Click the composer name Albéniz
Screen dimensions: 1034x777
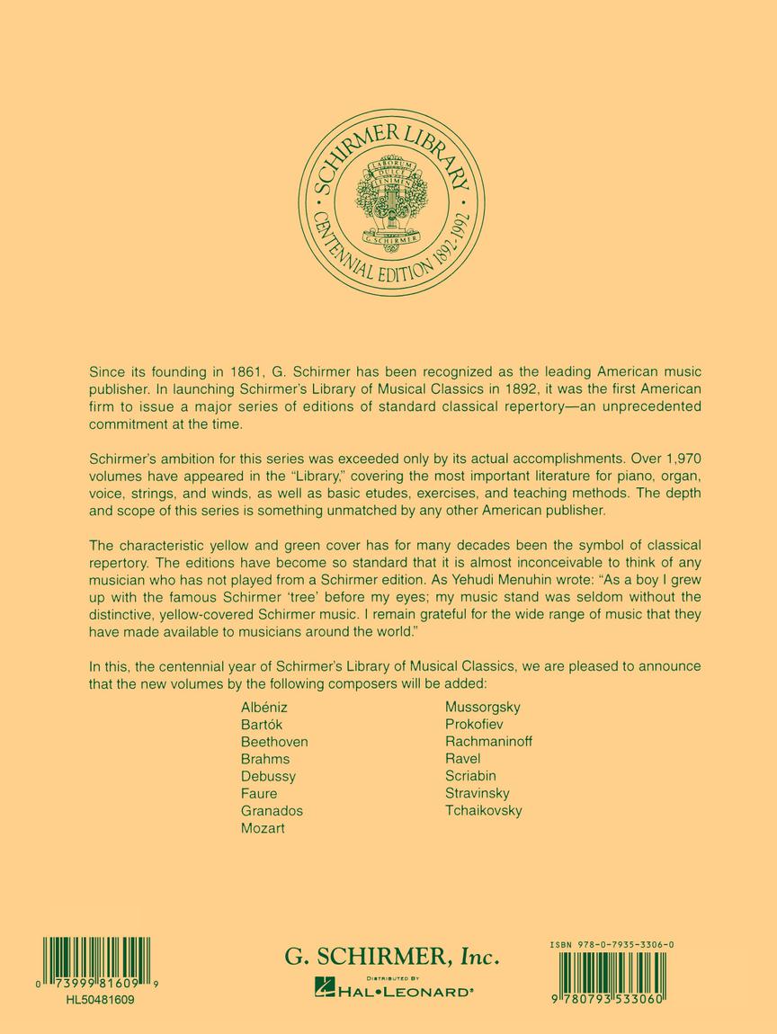[263, 707]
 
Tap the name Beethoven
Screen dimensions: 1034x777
[274, 742]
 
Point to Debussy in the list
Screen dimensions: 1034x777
[268, 776]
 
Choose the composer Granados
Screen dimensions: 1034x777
[272, 810]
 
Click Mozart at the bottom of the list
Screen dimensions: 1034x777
[263, 828]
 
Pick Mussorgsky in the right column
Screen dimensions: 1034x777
[482, 707]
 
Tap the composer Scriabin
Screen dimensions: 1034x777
[470, 776]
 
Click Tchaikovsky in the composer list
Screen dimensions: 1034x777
[483, 810]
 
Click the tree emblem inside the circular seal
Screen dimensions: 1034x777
[391, 200]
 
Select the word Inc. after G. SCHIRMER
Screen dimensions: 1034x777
[478, 958]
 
